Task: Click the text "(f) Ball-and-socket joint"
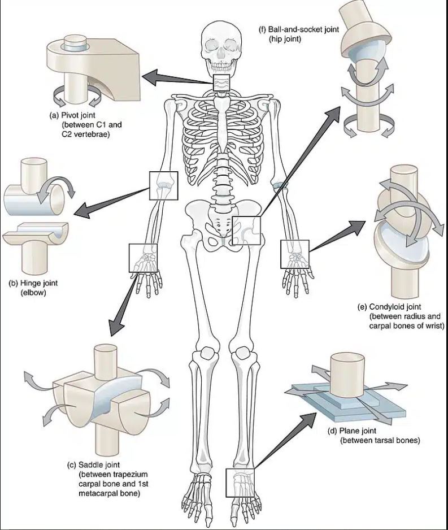click(x=298, y=29)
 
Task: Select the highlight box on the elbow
click(x=163, y=185)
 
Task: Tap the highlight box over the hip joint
click(x=247, y=230)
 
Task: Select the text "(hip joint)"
click(x=288, y=39)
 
